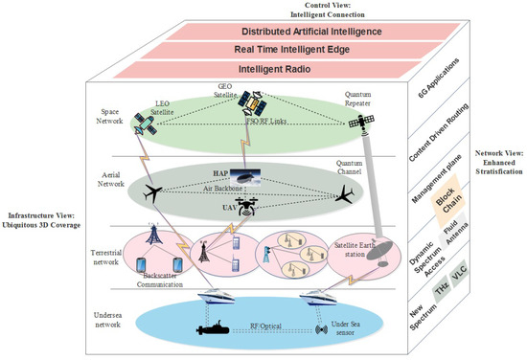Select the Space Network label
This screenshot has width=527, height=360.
click(x=110, y=115)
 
